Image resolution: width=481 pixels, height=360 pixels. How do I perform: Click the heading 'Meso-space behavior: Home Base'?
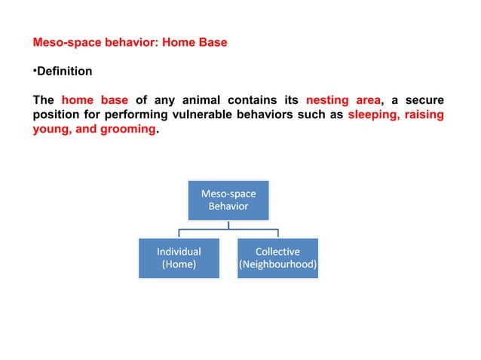pyautogui.click(x=129, y=43)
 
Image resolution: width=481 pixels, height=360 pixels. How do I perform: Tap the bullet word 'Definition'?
pyautogui.click(x=64, y=72)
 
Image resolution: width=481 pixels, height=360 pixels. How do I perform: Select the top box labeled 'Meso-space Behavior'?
pyautogui.click(x=228, y=200)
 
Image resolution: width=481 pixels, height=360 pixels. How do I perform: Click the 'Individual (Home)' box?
pyautogui.click(x=179, y=258)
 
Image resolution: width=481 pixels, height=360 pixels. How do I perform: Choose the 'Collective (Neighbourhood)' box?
pyautogui.click(x=277, y=258)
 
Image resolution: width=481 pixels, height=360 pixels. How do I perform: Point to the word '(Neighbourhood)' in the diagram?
pyautogui.click(x=277, y=265)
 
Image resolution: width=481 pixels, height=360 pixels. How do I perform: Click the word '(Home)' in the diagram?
pyautogui.click(x=179, y=265)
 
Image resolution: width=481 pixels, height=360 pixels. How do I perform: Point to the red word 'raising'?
pyautogui.click(x=425, y=114)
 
